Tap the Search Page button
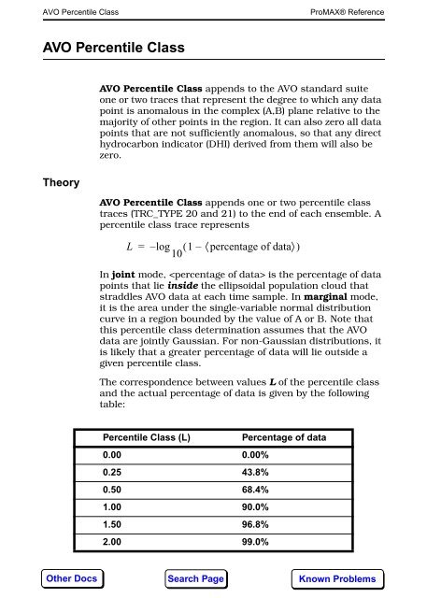pos(196,578)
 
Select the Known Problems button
pos(337,578)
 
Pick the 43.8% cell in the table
pos(256,474)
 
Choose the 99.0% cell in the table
pos(256,541)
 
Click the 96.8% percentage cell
pos(256,524)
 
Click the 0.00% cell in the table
pos(256,456)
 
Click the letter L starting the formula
pos(115,247)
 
